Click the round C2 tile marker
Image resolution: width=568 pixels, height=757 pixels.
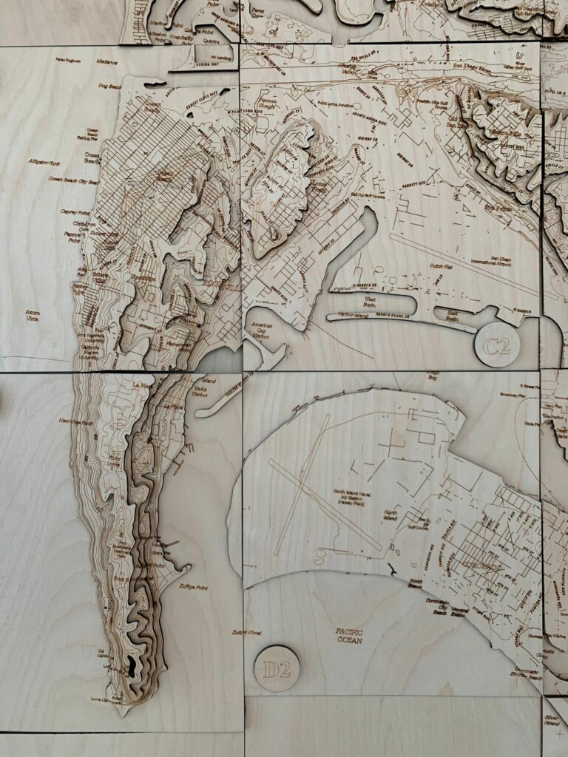497,345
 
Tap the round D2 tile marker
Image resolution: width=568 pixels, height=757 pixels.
277,669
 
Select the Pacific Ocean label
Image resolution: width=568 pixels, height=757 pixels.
349,636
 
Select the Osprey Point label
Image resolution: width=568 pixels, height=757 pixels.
70,212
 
